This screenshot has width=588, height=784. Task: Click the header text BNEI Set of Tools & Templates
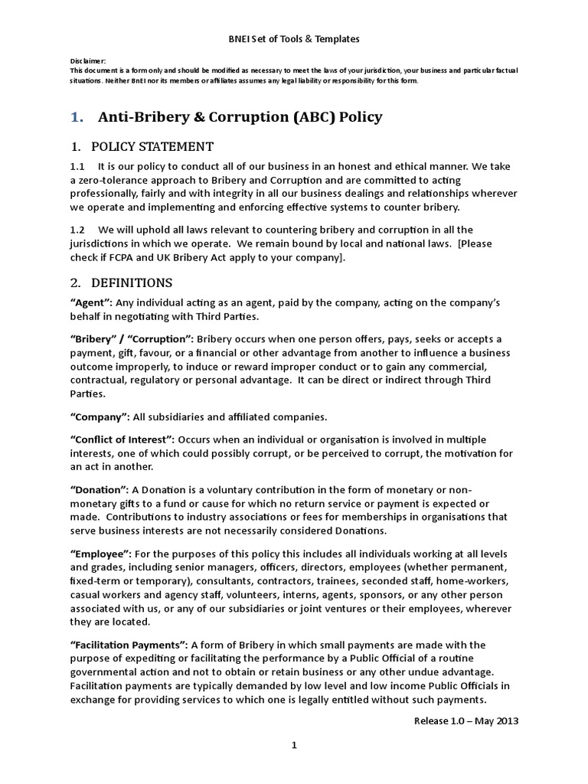294,38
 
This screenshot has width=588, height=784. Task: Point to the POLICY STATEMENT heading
152,146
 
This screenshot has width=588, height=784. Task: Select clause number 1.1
77,166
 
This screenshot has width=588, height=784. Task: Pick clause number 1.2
77,230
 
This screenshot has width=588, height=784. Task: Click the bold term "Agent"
92,302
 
